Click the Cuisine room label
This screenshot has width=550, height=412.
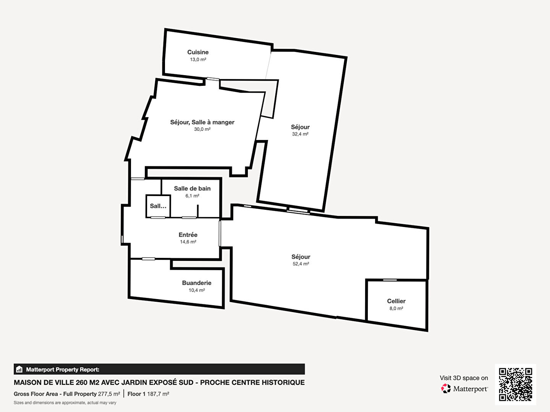pyautogui.click(x=198, y=52)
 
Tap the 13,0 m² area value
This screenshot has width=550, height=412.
pyautogui.click(x=198, y=60)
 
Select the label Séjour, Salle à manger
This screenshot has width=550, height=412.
pyautogui.click(x=202, y=122)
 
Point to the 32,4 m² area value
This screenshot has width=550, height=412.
pyautogui.click(x=300, y=134)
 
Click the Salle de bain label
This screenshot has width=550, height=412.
pyautogui.click(x=192, y=188)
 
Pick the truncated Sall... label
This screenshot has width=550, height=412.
pyautogui.click(x=158, y=206)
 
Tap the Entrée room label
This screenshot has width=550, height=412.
pyautogui.click(x=188, y=235)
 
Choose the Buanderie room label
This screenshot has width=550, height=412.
pyautogui.click(x=197, y=283)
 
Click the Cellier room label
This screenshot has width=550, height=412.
pyautogui.click(x=396, y=301)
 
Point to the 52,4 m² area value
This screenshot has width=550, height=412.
pyautogui.click(x=301, y=264)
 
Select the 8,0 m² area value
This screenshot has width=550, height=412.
pyautogui.click(x=396, y=309)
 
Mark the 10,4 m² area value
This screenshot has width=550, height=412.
pyautogui.click(x=197, y=290)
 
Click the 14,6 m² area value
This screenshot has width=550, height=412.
pyautogui.click(x=188, y=242)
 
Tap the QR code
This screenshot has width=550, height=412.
pyautogui.click(x=515, y=385)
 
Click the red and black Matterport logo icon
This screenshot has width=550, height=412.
pyautogui.click(x=446, y=389)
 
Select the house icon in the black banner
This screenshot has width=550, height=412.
pyautogui.click(x=19, y=369)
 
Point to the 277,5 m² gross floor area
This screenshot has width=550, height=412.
pyautogui.click(x=109, y=394)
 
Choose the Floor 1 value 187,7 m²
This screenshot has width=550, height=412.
pyautogui.click(x=158, y=394)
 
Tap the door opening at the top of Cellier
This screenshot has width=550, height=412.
pyautogui.click(x=390, y=280)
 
